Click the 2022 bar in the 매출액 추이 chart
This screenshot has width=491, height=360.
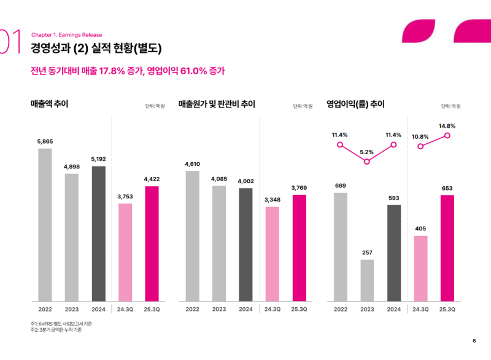(45, 224)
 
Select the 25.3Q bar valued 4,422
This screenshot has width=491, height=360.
(152, 243)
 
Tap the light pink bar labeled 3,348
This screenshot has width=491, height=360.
(273, 254)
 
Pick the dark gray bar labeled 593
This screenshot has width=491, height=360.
(393, 252)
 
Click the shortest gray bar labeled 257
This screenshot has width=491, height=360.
(367, 280)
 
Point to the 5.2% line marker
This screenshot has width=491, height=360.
(367, 162)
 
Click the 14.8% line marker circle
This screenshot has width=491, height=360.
(447, 135)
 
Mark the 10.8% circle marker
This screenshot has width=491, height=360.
(420, 146)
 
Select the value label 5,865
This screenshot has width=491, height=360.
(45, 141)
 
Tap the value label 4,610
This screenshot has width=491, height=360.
(192, 164)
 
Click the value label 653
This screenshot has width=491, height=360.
(447, 188)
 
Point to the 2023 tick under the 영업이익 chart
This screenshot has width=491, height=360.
(367, 309)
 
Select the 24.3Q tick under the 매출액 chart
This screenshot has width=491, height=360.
(125, 309)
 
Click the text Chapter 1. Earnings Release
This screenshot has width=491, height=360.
(66, 35)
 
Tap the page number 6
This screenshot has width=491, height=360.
(474, 341)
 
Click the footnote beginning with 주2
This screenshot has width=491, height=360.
(56, 330)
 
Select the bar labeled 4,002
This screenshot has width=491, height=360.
(245, 245)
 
